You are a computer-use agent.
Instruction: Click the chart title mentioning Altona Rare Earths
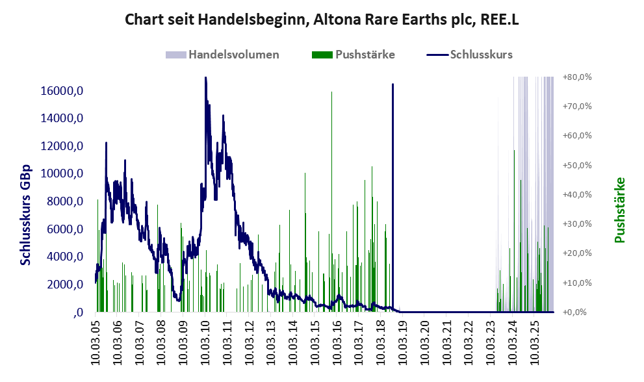(322, 20)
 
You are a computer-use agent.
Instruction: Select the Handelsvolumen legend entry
(233, 55)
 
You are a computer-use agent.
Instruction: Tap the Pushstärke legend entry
(365, 55)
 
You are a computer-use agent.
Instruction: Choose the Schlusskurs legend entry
(481, 55)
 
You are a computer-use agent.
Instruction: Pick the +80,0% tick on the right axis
(577, 77)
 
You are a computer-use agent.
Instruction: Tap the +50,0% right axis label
(577, 165)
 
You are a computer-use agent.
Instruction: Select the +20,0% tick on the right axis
(577, 253)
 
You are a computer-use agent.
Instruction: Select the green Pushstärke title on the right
(619, 210)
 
